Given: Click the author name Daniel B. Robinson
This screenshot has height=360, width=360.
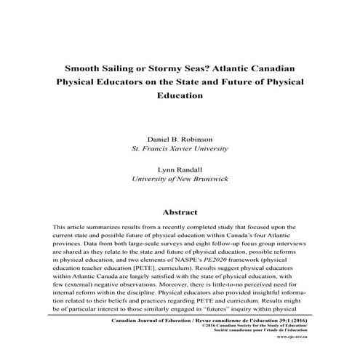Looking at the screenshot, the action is [180, 137].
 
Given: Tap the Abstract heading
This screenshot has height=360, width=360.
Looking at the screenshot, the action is [180, 213].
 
